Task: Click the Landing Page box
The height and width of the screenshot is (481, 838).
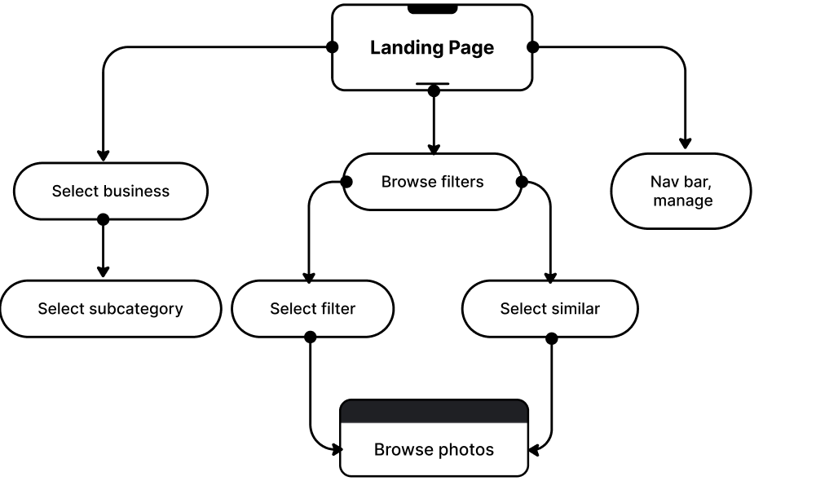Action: point(432,47)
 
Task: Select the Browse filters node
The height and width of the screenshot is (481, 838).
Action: point(432,182)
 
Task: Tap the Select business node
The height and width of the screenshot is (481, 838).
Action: point(110,192)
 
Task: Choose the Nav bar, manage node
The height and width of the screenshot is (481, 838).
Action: point(681,191)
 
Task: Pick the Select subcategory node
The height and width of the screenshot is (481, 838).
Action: point(110,309)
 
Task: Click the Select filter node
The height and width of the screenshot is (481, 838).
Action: point(312,309)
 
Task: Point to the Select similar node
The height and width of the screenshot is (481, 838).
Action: point(549,309)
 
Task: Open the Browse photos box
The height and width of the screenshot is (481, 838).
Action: point(434,449)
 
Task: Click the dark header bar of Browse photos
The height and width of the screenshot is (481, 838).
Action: point(434,412)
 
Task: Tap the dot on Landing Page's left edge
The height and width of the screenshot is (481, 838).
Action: point(335,47)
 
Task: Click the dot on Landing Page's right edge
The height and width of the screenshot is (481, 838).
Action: point(530,47)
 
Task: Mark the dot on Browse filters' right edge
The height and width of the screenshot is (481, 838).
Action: point(518,182)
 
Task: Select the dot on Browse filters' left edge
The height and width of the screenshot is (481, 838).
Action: point(347,182)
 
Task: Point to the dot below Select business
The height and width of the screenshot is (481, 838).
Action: point(103,218)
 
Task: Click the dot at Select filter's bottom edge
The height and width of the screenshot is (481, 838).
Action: point(310,335)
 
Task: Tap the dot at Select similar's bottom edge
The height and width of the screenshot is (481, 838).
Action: point(551,335)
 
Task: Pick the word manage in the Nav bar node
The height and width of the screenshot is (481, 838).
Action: point(682,201)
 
